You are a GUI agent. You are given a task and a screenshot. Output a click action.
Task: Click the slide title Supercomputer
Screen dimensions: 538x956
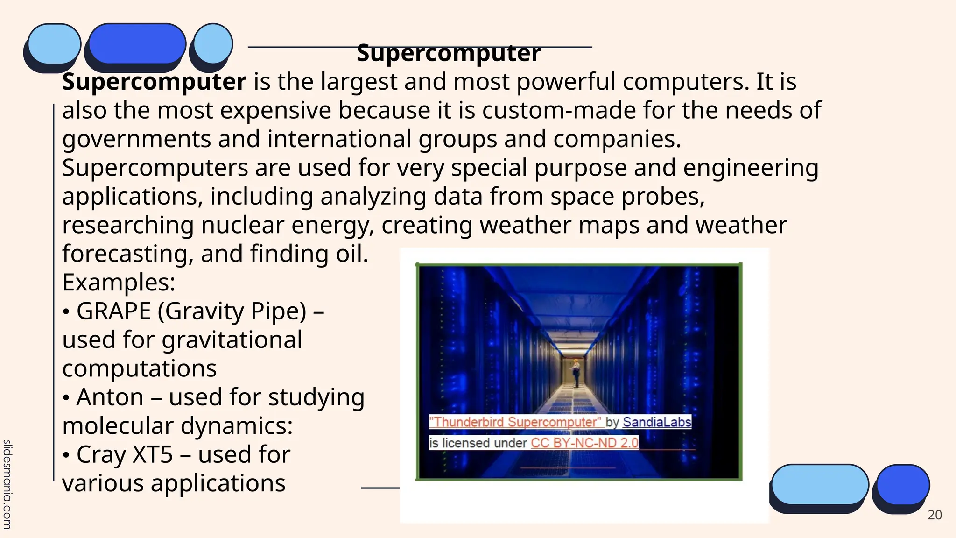449,53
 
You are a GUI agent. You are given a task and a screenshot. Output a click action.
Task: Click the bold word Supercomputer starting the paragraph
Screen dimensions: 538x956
154,82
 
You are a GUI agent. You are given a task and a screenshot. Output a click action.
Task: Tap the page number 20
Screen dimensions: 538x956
935,515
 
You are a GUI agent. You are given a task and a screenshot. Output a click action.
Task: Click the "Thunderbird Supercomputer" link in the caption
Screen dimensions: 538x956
515,422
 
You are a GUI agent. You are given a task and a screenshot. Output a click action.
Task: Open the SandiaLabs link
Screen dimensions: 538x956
656,422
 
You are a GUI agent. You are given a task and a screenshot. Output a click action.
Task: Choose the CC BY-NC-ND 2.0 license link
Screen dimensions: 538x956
584,443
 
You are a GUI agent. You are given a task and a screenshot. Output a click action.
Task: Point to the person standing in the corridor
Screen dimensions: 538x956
576,373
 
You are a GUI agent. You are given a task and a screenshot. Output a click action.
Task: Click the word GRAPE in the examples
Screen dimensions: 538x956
113,311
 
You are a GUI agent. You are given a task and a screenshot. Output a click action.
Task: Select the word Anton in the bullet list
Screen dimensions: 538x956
110,397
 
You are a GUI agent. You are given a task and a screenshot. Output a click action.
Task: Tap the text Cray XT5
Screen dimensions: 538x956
125,455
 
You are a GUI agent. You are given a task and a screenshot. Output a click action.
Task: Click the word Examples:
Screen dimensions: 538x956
119,283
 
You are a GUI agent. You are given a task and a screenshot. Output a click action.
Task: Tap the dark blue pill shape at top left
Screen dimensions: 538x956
137,43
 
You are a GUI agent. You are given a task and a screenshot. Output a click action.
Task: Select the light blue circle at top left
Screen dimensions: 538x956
213,43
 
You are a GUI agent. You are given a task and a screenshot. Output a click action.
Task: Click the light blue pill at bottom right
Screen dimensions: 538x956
820,484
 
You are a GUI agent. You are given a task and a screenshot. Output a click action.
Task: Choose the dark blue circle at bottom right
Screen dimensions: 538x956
903,484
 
